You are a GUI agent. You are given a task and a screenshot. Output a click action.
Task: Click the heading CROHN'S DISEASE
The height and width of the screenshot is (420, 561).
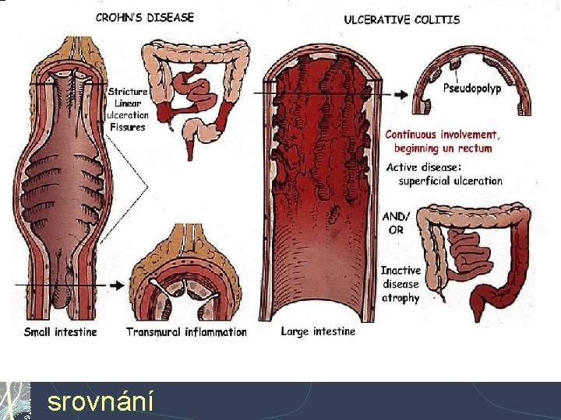pos(145,17)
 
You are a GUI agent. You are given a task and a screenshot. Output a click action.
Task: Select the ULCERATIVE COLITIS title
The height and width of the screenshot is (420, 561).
pos(402,19)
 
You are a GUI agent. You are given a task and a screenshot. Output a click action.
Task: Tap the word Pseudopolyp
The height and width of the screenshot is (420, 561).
pos(472,88)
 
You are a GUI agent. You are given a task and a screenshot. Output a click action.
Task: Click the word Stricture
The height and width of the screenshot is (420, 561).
pos(128,92)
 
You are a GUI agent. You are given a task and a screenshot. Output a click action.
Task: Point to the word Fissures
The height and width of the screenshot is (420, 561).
pos(128,127)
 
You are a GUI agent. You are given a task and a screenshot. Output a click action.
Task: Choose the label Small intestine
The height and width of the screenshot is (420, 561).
pos(61,332)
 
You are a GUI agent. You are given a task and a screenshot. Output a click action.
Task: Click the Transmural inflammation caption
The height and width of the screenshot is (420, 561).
pos(186,332)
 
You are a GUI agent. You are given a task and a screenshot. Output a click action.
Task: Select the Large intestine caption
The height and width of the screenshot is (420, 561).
pos(318,331)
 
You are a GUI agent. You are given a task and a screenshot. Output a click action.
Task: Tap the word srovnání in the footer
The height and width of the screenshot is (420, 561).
pos(101,401)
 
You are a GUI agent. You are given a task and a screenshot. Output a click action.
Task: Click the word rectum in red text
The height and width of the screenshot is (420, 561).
pos(474,148)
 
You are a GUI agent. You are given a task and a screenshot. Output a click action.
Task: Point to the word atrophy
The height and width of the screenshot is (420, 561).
pos(400,298)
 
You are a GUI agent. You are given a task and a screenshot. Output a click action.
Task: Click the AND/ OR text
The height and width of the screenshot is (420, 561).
pos(396,223)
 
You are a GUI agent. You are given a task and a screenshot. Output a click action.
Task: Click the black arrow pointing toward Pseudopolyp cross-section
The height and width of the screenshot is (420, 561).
pos(400,94)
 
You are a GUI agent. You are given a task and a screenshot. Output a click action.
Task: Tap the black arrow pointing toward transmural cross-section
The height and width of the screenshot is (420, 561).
pos(117,285)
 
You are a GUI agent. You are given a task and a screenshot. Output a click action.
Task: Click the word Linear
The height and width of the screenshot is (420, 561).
pos(128,103)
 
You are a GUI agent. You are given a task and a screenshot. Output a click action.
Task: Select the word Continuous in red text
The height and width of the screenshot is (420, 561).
pos(411,135)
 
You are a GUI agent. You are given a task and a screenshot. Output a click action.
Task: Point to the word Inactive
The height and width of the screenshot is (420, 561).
pos(400,271)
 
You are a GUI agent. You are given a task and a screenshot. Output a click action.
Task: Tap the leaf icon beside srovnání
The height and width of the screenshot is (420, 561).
pos(15,401)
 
